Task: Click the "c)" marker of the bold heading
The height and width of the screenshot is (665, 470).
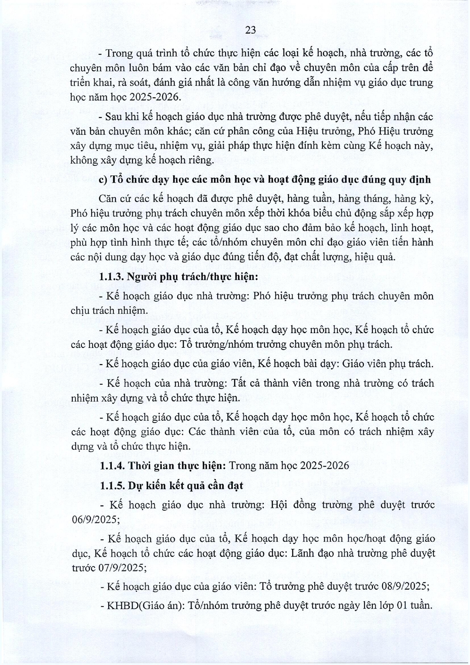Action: pyautogui.click(x=103, y=180)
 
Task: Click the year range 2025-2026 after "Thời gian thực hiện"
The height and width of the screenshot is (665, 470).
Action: pyautogui.click(x=324, y=465)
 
